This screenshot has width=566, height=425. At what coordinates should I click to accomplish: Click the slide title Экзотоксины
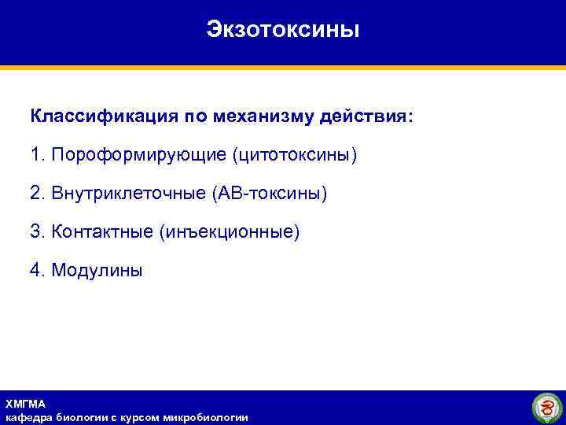[x=283, y=30]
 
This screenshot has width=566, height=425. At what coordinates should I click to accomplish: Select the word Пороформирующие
[x=138, y=155]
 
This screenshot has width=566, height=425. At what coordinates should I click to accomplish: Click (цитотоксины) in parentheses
[x=294, y=155]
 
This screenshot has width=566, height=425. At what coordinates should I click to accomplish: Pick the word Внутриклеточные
[x=129, y=194]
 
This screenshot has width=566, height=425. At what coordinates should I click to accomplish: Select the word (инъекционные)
[x=229, y=232]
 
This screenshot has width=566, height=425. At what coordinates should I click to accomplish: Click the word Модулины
[x=97, y=271]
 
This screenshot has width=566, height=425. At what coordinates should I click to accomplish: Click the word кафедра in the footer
[x=28, y=417]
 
